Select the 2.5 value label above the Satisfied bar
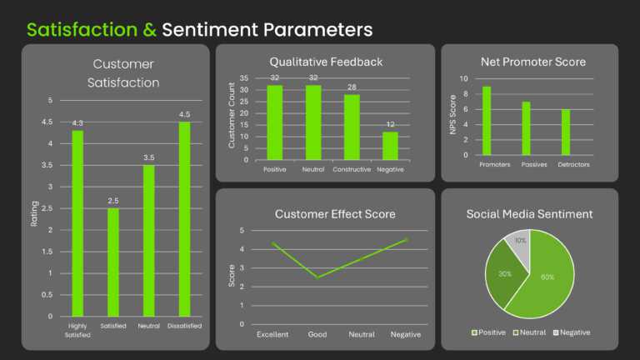[x=113, y=201]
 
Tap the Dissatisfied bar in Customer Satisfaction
[x=184, y=219]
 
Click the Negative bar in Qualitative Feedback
[x=390, y=146]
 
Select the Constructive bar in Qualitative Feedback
[x=352, y=127]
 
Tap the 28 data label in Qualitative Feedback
[x=352, y=87]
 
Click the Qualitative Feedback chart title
[x=326, y=62]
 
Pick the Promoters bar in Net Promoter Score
[x=487, y=121]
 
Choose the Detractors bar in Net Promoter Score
[x=566, y=132]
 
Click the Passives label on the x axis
[x=526, y=165]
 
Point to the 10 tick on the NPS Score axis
[x=465, y=79]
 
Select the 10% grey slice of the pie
[x=519, y=245]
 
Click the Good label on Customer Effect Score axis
[x=317, y=334]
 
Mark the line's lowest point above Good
[x=317, y=277]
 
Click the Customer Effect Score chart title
[x=335, y=214]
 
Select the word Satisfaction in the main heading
[x=81, y=31]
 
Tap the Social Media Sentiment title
[x=529, y=214]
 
